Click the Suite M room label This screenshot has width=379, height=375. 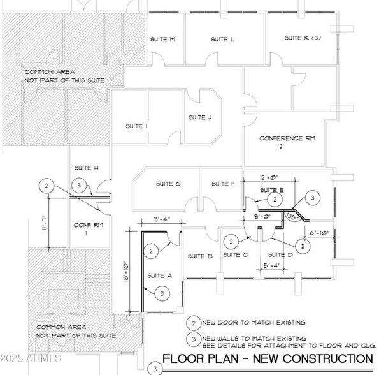[162, 40]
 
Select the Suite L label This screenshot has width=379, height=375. [223, 40]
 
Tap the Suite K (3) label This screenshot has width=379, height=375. [302, 38]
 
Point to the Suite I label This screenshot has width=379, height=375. [137, 126]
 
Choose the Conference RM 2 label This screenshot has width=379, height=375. [287, 142]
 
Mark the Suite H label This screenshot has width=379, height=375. [87, 168]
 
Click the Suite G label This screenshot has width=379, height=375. [168, 184]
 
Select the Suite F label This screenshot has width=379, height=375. [223, 184]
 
